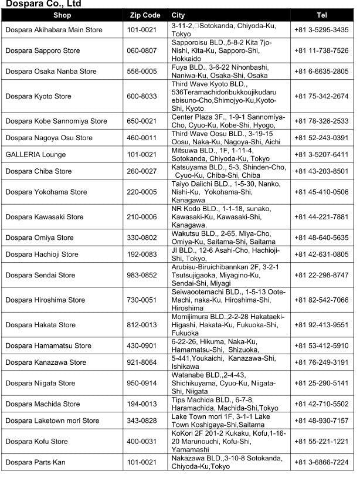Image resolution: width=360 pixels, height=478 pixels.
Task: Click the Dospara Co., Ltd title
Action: click(43, 4)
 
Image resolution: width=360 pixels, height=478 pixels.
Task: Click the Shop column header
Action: click(62, 15)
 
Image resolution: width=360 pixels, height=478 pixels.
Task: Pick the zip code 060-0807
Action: click(142, 50)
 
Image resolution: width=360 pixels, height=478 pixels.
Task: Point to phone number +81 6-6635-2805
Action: click(321, 72)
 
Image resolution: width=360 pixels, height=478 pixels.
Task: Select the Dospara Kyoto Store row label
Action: click(38, 96)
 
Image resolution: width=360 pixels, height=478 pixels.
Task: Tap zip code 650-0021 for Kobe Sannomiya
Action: click(142, 121)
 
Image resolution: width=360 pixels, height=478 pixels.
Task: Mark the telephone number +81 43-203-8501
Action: click(321, 171)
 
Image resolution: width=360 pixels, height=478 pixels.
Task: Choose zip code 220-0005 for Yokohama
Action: click(142, 192)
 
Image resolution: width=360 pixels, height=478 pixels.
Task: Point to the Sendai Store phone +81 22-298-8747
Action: click(321, 275)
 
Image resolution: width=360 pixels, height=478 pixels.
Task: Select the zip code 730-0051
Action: click(142, 300)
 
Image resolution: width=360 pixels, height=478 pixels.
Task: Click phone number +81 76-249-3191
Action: click(321, 362)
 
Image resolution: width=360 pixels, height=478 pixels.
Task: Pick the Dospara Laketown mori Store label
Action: click(52, 421)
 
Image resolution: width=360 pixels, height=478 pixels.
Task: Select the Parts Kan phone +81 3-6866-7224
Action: click(321, 462)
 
